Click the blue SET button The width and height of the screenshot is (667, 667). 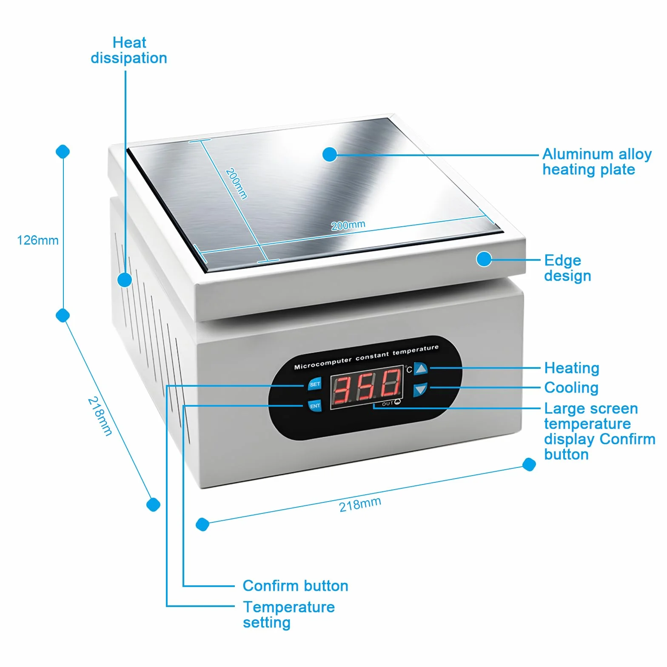coord(315,384)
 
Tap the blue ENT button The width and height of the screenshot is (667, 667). coord(315,406)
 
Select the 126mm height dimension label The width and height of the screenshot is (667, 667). coord(37,240)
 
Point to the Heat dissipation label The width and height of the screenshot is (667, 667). coord(129,50)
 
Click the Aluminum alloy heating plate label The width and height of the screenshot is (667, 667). coord(597,162)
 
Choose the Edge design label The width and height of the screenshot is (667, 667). coord(567,268)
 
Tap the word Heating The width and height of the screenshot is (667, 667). coord(572,368)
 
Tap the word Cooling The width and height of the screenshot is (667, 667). coord(571,388)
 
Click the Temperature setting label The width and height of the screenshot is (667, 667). coord(289,615)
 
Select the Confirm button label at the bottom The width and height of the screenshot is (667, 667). coord(296,586)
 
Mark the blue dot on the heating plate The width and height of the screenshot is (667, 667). coord(330,154)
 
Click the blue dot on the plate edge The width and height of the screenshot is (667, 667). coord(484,259)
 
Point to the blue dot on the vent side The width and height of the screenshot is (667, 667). coord(125,279)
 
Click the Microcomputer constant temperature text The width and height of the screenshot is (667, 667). coord(366,356)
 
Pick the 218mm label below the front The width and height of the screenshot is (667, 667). coord(360,505)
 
